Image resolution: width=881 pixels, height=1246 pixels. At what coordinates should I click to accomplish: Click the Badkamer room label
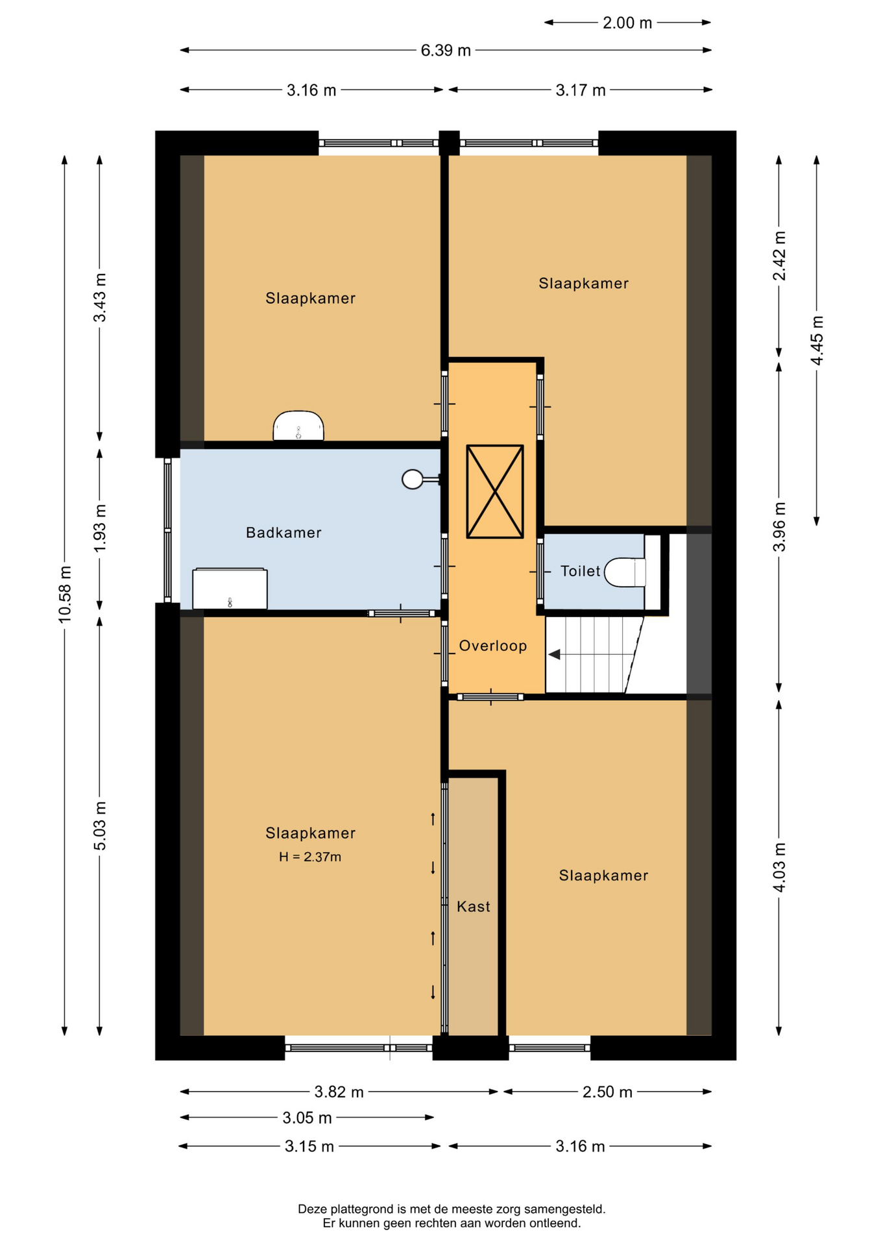point(284,533)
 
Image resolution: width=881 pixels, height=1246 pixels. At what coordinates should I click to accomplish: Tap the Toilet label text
point(580,571)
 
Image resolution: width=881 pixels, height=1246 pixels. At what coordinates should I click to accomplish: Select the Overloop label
point(493,646)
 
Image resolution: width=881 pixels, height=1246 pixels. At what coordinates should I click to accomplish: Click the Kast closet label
point(474,907)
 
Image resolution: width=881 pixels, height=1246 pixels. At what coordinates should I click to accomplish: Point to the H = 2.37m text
point(310,857)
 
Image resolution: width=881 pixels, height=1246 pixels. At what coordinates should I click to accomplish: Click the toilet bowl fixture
point(625,572)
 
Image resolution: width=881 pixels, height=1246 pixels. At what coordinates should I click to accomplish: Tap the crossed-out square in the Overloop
point(495,491)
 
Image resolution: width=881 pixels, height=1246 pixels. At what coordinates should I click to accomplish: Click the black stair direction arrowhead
point(555,654)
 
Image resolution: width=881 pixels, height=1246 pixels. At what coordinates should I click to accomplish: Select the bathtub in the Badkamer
point(230,589)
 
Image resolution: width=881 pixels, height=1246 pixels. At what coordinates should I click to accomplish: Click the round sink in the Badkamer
point(413,479)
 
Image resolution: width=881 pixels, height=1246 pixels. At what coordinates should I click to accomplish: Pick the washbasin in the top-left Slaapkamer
point(298,426)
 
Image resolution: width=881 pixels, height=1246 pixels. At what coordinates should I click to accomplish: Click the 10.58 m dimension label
point(65,594)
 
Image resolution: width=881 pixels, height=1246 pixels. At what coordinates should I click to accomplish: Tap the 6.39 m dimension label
point(446,51)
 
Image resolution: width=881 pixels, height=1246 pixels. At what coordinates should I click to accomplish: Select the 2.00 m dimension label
point(627,23)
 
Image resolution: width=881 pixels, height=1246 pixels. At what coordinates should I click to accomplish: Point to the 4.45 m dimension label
point(817,341)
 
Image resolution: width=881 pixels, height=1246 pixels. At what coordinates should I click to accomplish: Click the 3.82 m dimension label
point(339,1092)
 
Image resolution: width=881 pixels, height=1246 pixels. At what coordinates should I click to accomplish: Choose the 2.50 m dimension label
point(607,1092)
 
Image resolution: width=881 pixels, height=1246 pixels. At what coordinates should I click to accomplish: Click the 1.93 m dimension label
point(100,528)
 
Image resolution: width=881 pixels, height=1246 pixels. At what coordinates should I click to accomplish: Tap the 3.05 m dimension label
point(307,1118)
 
